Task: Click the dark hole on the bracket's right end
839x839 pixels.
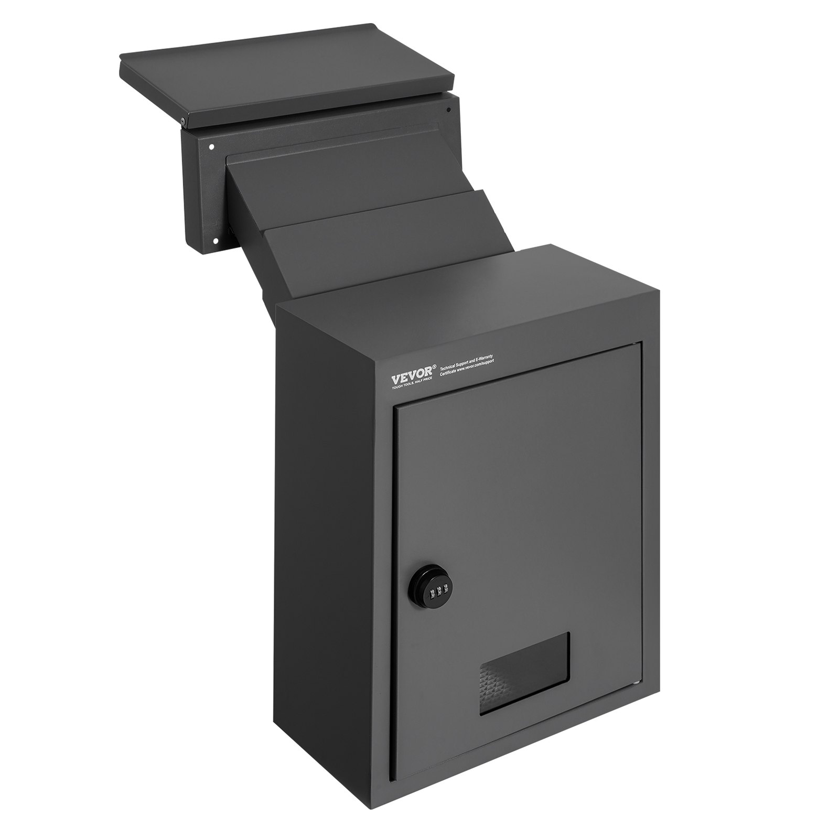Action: (x=448, y=110)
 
